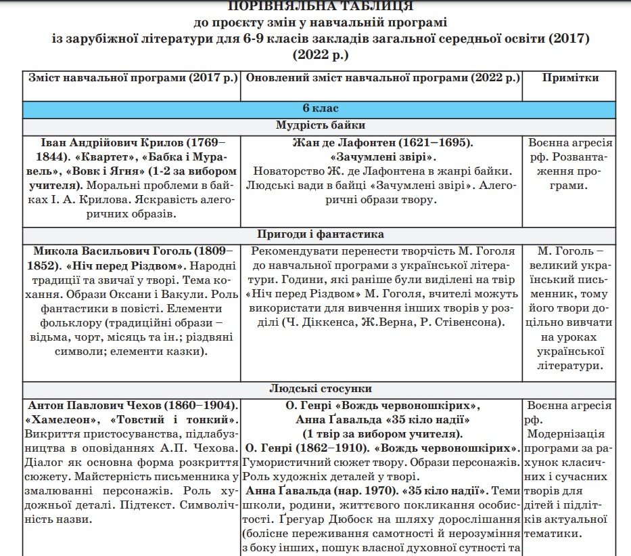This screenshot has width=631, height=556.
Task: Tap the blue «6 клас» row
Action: click(x=320, y=108)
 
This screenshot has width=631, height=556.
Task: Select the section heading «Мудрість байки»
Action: click(x=320, y=125)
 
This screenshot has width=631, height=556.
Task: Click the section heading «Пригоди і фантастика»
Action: click(x=320, y=234)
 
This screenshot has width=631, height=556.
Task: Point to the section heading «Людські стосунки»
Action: click(x=320, y=389)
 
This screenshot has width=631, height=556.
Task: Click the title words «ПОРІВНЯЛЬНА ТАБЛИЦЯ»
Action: click(x=320, y=7)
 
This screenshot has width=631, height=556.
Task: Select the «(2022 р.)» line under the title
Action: click(x=320, y=54)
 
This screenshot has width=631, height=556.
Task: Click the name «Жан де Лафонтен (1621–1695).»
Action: click(x=383, y=143)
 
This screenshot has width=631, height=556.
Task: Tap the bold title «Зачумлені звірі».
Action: click(x=383, y=157)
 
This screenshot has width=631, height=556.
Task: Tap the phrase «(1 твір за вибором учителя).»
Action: click(x=382, y=434)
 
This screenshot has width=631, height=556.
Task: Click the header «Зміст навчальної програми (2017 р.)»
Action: click(x=133, y=78)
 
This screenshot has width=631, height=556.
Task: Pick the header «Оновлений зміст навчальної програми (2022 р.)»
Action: click(x=382, y=78)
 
